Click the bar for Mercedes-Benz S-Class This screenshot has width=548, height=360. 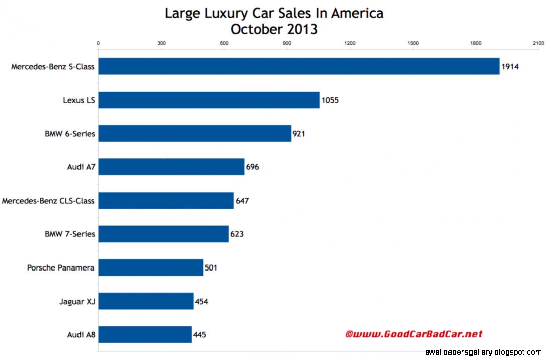click(298, 66)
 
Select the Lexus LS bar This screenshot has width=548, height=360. click(209, 100)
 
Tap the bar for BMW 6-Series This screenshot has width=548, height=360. click(195, 133)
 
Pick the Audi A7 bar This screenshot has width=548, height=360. click(171, 167)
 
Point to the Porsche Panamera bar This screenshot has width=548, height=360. click(151, 267)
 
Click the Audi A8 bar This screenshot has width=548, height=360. click(145, 334)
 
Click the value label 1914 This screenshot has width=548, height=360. click(510, 66)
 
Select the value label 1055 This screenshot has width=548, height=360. click(330, 100)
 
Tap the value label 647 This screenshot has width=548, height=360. click(242, 201)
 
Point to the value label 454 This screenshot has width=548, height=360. click(201, 301)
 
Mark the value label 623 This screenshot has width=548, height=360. click(237, 234)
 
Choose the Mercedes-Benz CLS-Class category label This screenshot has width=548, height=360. click(48, 201)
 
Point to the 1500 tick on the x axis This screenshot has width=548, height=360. click(413, 43)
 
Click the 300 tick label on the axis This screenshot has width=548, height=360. click(161, 43)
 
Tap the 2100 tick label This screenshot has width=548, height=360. click(538, 43)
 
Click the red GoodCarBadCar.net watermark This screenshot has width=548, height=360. click(413, 334)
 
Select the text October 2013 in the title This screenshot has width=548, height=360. click(274, 29)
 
